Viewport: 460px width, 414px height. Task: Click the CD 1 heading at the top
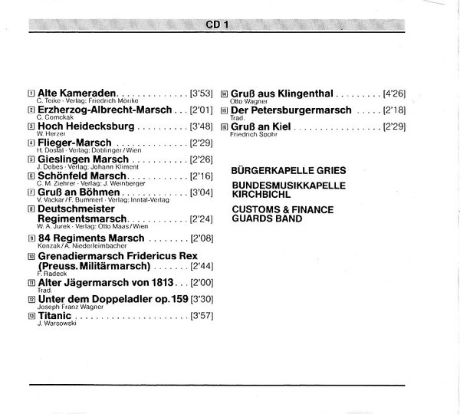(x=218, y=25)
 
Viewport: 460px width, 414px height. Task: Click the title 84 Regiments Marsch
(x=90, y=238)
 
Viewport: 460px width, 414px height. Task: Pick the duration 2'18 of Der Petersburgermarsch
(x=395, y=110)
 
